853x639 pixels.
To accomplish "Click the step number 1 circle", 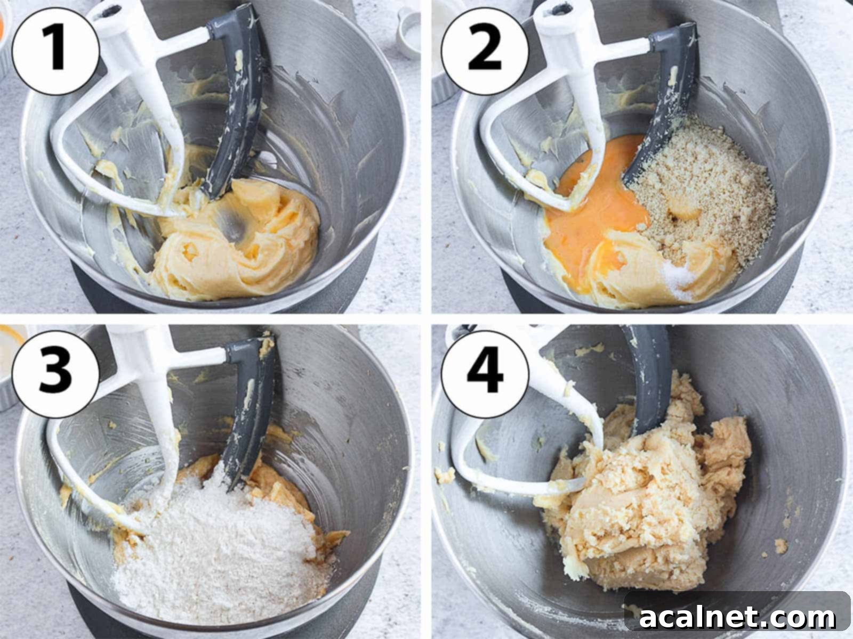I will coord(55,50).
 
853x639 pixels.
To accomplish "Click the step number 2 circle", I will coord(484,50).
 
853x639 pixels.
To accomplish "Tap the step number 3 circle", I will coord(55,368).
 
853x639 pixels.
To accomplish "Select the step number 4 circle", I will coord(484,368).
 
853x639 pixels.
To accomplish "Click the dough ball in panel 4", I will coord(645,506).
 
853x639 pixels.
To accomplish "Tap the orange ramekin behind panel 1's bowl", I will coord(4,27).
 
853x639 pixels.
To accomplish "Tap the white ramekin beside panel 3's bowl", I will coord(7,367).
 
